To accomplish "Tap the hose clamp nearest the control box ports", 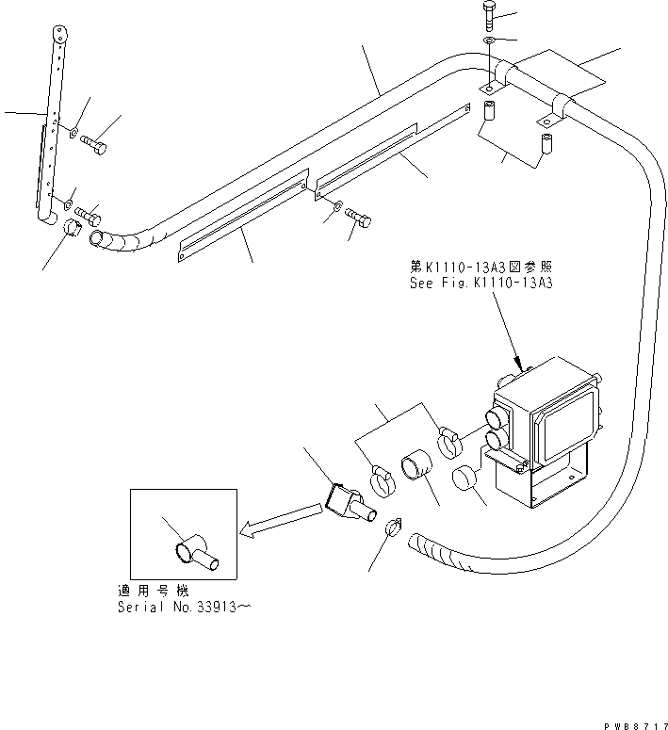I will [451, 437].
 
